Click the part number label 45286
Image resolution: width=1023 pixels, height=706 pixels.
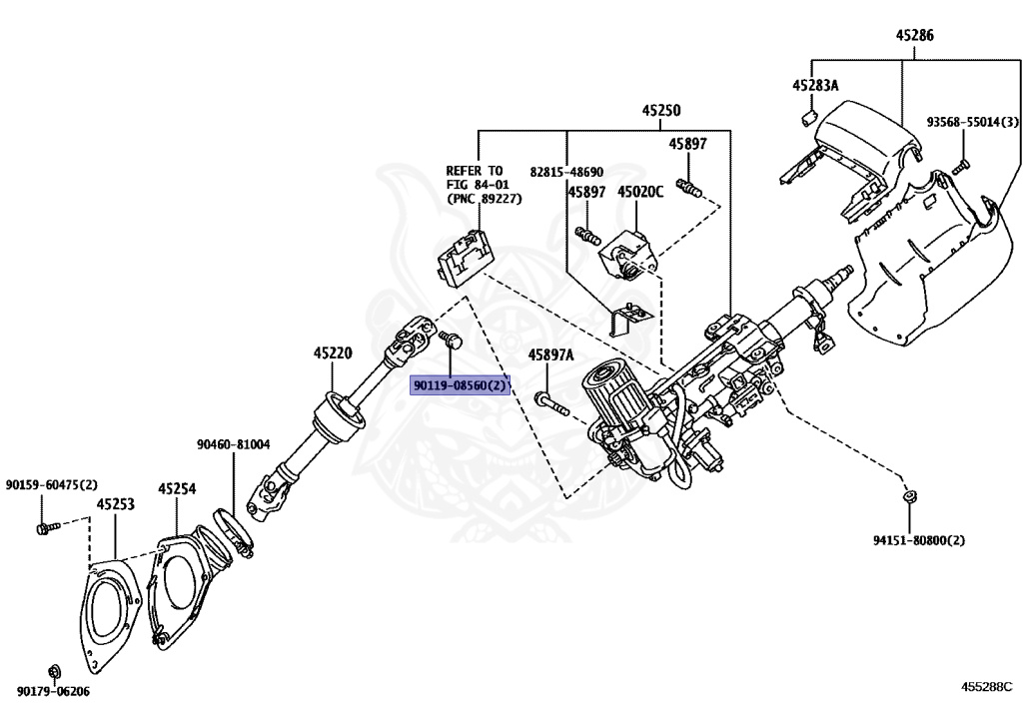pos(914,35)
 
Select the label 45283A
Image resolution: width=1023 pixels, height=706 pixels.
pos(815,86)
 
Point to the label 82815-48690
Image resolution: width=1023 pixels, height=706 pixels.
pos(566,172)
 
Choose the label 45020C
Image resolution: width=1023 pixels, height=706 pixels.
pos(639,191)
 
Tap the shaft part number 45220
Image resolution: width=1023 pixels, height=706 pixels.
pos(332,353)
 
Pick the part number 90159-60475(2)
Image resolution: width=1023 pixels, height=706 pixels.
pos(52,484)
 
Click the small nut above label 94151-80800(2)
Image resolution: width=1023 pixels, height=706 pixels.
pos(910,495)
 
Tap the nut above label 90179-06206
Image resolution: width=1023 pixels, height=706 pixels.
pos(53,669)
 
